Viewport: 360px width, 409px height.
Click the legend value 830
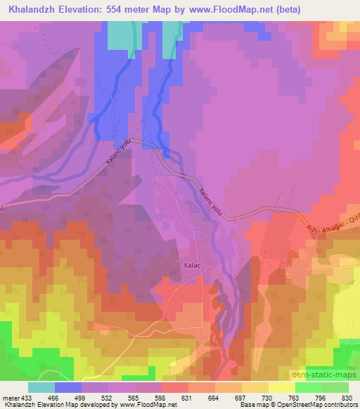[x=347, y=397]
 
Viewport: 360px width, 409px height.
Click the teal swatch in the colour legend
[x=41, y=387]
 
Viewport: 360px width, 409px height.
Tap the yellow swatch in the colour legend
[x=281, y=387]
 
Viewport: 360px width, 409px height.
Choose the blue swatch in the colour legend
[x=68, y=387]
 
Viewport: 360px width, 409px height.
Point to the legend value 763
[x=295, y=397]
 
